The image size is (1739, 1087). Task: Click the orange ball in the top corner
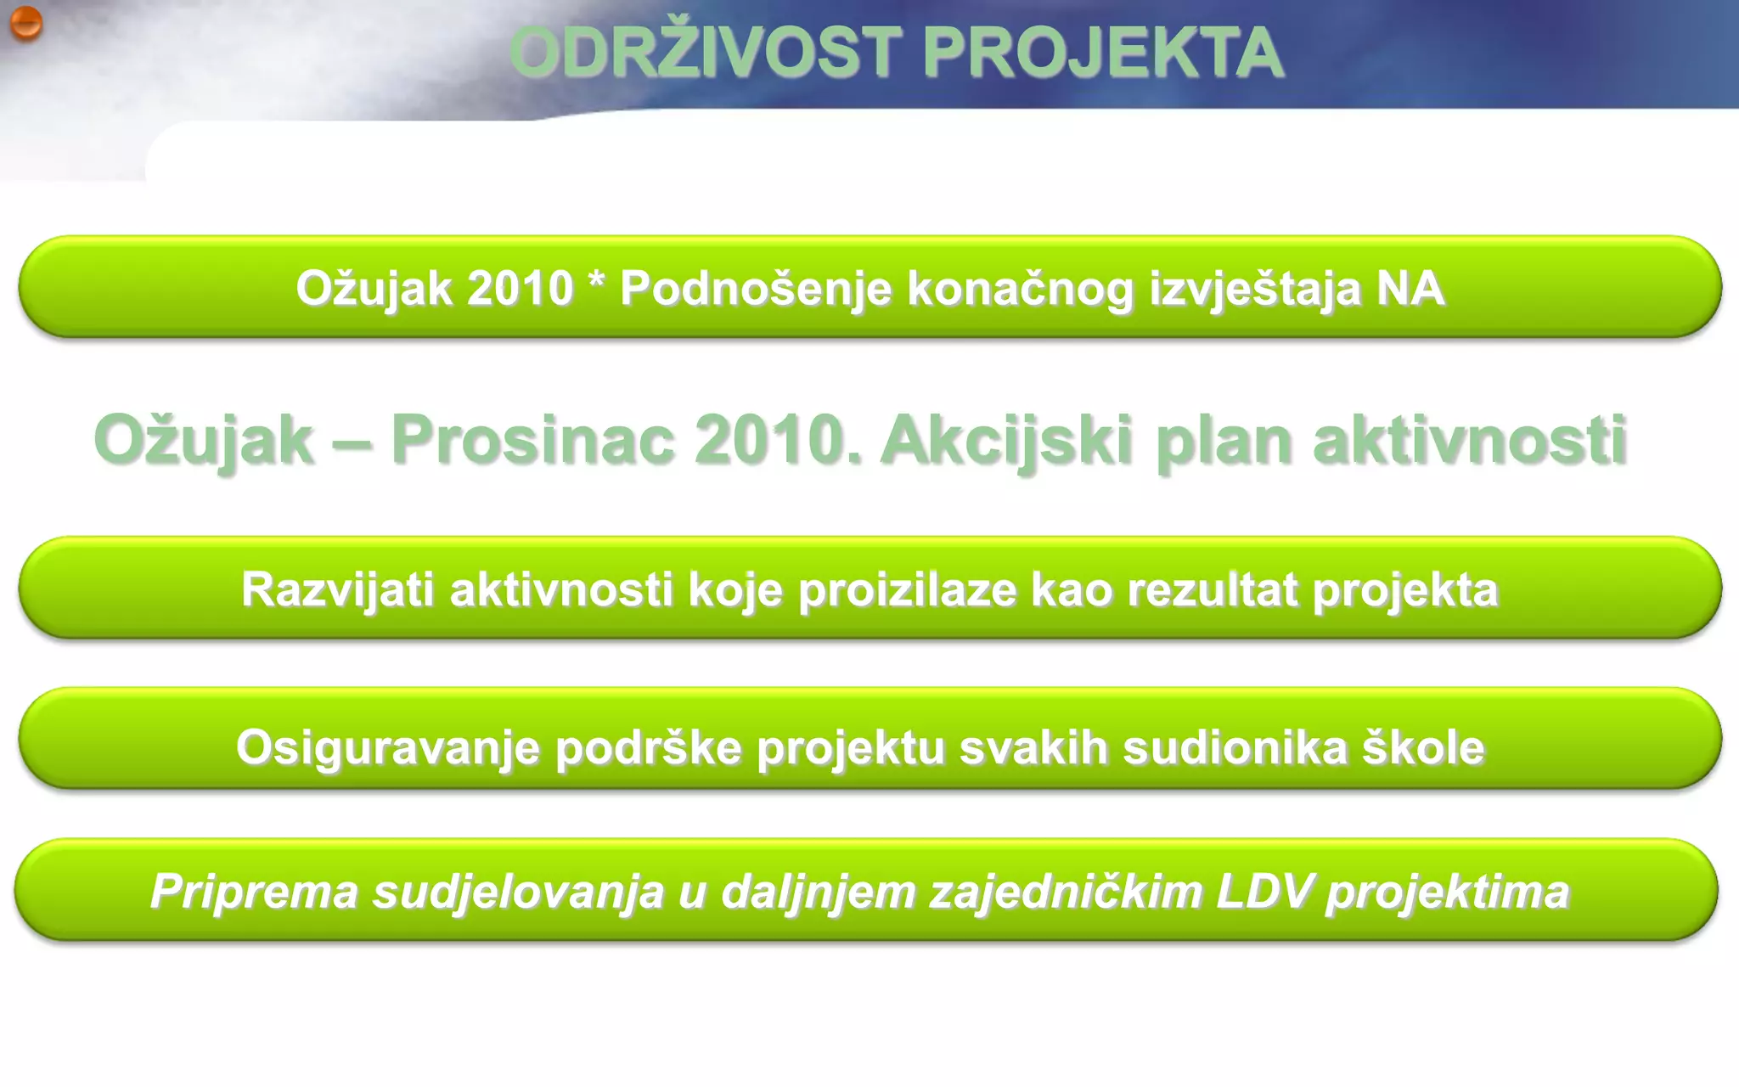click(25, 23)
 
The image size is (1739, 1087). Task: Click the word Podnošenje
click(756, 289)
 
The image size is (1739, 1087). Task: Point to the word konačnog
click(1020, 289)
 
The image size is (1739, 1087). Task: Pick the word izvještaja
click(1255, 289)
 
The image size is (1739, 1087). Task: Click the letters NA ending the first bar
click(1410, 289)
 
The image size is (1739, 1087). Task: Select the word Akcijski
click(1007, 441)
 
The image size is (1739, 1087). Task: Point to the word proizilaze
click(907, 589)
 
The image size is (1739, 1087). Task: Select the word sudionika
click(1235, 748)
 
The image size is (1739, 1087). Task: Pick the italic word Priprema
click(254, 892)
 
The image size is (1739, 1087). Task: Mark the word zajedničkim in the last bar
click(1066, 892)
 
